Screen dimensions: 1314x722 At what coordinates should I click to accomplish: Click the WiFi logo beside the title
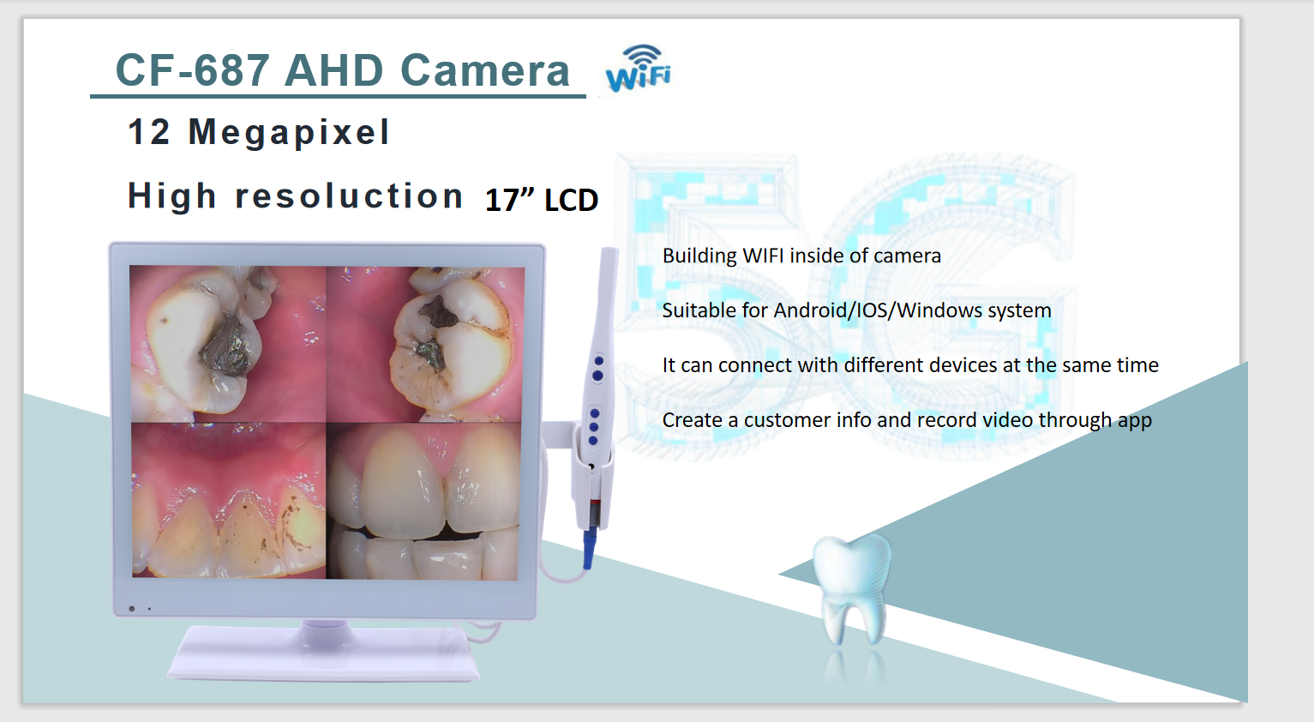pos(639,69)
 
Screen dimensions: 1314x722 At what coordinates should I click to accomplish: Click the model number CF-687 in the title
pos(192,70)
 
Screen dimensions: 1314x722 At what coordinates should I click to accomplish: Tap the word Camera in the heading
pos(485,70)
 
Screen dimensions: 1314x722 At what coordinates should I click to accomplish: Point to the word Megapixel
pos(289,132)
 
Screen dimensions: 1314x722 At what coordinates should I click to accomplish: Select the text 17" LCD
pos(542,200)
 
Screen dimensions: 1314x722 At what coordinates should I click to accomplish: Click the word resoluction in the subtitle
pos(349,196)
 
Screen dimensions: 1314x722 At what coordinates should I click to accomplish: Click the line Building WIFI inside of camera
pos(801,256)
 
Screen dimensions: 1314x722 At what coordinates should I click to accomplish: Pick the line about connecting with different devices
pos(910,365)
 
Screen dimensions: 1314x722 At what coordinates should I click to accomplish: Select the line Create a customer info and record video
pos(907,420)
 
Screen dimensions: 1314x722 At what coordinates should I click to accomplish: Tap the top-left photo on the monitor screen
pos(228,344)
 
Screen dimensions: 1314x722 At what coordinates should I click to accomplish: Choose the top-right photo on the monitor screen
pos(425,345)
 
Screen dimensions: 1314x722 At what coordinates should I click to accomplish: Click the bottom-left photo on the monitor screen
pos(228,500)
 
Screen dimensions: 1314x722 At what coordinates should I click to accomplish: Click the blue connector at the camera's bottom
pos(589,548)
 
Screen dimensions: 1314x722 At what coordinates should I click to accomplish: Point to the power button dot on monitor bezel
pos(132,609)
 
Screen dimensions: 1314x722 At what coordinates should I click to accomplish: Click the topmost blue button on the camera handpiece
pos(598,361)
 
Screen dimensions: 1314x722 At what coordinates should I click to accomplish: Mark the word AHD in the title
pos(334,70)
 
